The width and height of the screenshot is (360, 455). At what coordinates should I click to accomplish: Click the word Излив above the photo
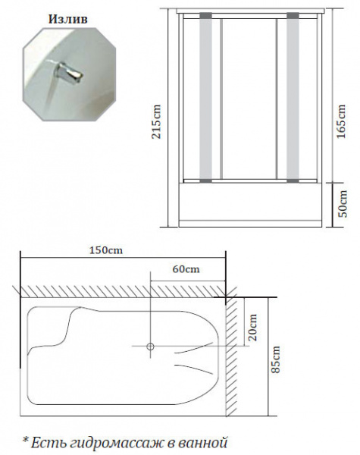68,19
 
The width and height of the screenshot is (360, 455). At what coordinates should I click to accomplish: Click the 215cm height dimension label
157,122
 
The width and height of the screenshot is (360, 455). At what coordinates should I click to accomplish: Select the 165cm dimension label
342,122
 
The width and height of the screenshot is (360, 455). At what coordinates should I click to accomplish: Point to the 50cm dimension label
343,203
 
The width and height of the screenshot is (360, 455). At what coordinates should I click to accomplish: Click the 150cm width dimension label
106,250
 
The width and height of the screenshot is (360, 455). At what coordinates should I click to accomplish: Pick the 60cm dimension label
186,269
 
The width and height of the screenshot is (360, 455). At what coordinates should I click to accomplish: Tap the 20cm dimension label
252,327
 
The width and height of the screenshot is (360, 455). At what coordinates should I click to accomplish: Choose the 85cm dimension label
275,359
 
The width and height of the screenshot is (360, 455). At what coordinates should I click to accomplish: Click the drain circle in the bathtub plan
150,347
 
